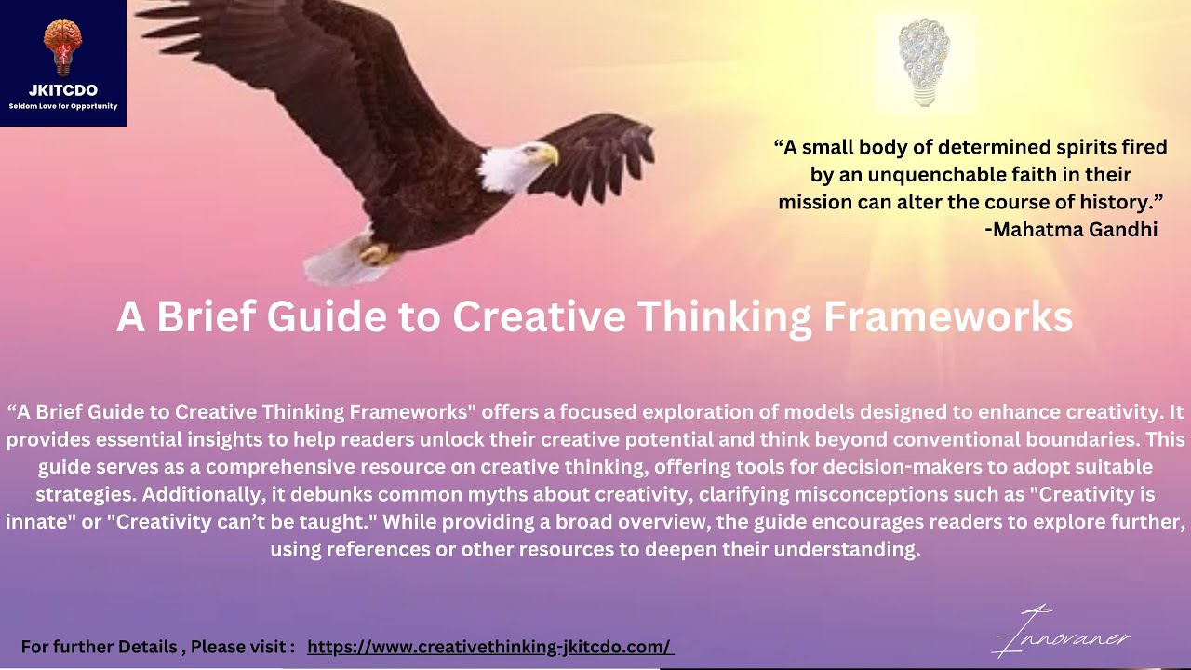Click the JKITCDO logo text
[62, 90]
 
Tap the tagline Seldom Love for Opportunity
[62, 106]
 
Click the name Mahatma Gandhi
[1076, 230]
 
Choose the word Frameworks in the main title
[947, 317]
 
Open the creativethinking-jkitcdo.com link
[489, 647]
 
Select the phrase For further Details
[98, 647]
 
